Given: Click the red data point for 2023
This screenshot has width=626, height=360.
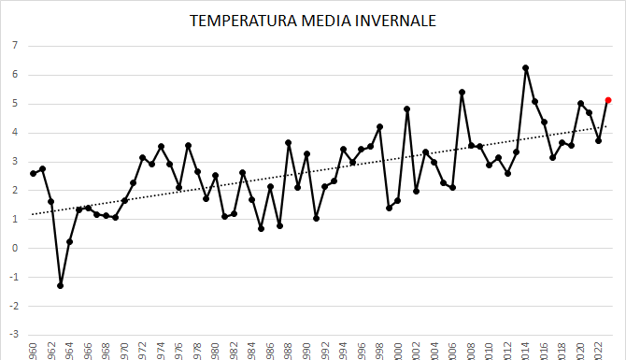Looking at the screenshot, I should click(x=608, y=100).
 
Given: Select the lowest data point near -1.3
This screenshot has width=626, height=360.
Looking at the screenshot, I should click(x=61, y=285).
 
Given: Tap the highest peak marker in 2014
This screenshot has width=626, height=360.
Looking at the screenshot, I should click(x=526, y=68).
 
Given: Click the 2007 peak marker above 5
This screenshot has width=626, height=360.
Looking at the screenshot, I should click(x=462, y=93).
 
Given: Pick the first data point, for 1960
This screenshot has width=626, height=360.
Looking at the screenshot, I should click(x=33, y=173).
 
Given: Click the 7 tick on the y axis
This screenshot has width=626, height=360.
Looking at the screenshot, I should click(x=15, y=46).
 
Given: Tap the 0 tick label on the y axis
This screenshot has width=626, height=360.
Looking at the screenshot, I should click(x=15, y=249).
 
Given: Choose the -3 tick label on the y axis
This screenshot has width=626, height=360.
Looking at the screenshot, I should click(x=13, y=335).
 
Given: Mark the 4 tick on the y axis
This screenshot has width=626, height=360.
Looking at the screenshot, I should click(x=15, y=133).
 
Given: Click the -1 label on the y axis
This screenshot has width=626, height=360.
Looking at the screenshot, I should click(x=13, y=278).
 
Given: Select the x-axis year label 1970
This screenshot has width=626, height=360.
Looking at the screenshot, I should click(x=124, y=350).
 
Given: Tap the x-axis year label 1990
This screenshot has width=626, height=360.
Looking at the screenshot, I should click(x=306, y=350).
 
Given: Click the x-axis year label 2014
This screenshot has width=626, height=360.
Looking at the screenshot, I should click(x=526, y=350).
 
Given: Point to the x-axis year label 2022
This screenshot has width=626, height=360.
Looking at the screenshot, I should click(x=599, y=350).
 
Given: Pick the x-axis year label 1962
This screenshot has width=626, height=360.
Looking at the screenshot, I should click(x=51, y=350).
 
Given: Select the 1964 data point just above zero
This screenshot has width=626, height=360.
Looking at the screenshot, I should click(x=70, y=242).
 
